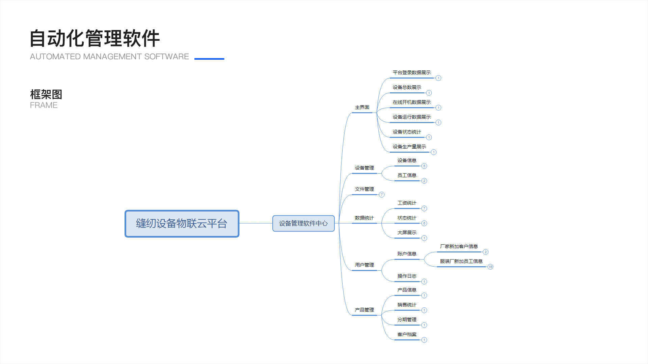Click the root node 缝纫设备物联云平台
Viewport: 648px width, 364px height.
[182, 223]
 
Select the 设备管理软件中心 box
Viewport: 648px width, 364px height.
[303, 223]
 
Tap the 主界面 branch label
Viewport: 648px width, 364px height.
[362, 107]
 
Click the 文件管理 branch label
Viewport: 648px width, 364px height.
[364, 189]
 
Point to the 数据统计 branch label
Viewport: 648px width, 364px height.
[364, 218]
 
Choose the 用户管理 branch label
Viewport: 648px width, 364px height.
[364, 265]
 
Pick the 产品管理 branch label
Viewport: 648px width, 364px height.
[364, 310]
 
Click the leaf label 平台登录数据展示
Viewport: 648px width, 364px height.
[412, 72]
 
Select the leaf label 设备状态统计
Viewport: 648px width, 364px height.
[407, 132]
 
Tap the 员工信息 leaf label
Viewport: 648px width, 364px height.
[407, 175]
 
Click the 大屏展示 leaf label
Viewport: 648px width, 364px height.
[407, 233]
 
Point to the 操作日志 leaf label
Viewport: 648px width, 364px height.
[407, 276]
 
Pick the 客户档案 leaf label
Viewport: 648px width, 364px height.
[407, 334]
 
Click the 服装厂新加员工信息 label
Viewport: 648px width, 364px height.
[461, 261]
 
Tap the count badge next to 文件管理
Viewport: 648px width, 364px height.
[382, 194]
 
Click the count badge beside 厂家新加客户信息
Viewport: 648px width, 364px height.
[486, 252]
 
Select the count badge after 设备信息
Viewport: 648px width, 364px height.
[424, 166]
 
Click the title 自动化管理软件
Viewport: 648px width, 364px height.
[95, 38]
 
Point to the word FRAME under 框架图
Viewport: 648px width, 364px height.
[44, 105]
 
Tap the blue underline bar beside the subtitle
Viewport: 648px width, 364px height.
[209, 59]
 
